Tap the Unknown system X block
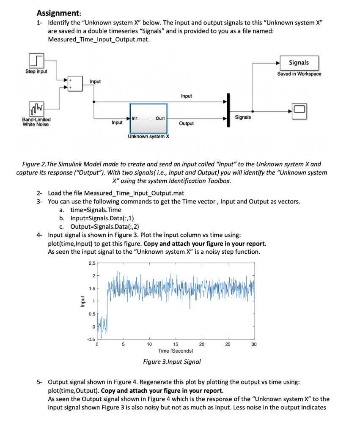click(x=148, y=118)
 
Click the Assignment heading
click(x=54, y=13)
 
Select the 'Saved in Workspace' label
click(x=299, y=74)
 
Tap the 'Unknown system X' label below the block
click(x=148, y=137)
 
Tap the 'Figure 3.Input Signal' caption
click(x=172, y=362)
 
